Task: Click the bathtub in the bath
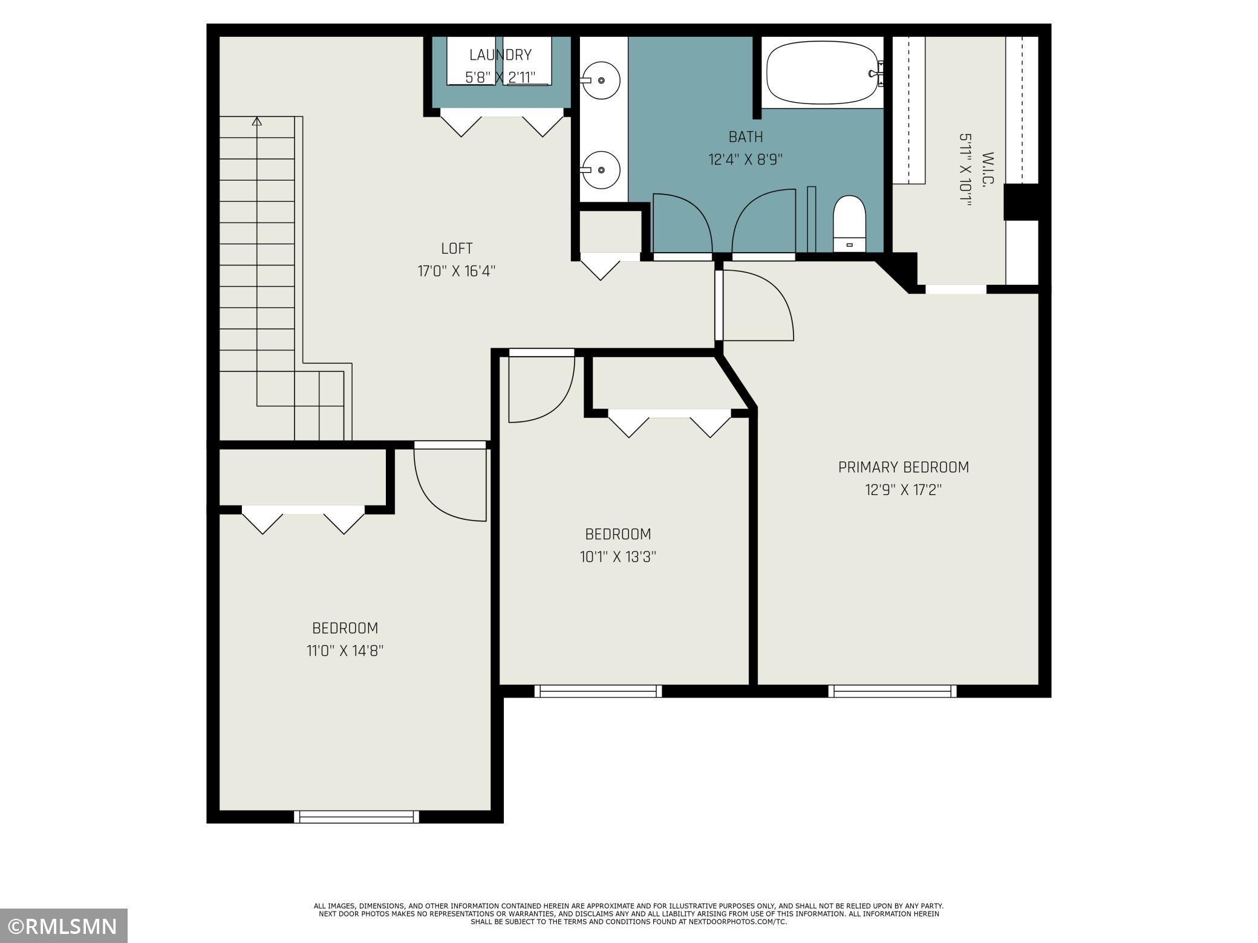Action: tap(821, 74)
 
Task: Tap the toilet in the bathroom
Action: tap(849, 224)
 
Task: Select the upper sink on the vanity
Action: tap(600, 80)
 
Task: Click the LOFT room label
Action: tap(457, 248)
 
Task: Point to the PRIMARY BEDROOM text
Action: tap(903, 467)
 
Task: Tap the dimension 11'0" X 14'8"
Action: tap(345, 651)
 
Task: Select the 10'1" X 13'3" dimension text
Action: tap(618, 557)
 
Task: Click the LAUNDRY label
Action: tap(500, 55)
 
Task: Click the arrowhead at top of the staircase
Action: tap(257, 122)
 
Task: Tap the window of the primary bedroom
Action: tap(892, 691)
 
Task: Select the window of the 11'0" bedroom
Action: tap(356, 817)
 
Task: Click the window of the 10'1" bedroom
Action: tap(598, 691)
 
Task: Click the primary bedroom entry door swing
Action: tap(756, 307)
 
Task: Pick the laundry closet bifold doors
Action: tap(501, 123)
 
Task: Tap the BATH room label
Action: tap(745, 137)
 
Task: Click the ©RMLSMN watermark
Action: tap(64, 925)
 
